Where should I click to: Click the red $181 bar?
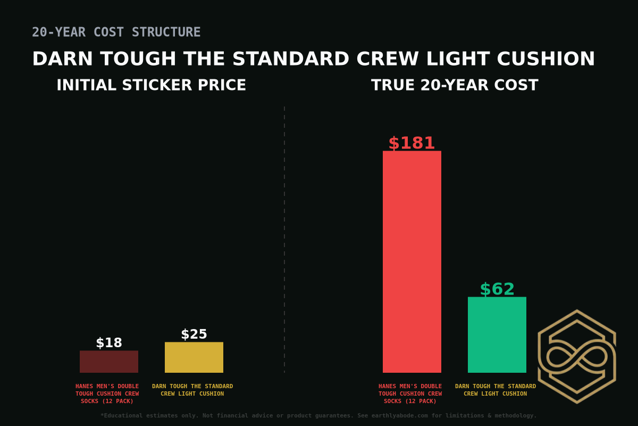pyautogui.click(x=412, y=261)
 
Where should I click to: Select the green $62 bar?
pyautogui.click(x=497, y=334)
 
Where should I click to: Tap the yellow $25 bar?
pyautogui.click(x=194, y=357)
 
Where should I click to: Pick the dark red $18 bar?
pyautogui.click(x=109, y=362)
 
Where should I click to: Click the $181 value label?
pyautogui.click(x=412, y=143)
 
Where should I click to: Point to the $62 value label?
pyautogui.click(x=497, y=289)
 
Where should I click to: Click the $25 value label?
pyautogui.click(x=194, y=334)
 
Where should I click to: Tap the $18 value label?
pyautogui.click(x=109, y=343)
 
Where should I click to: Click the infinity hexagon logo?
pyautogui.click(x=577, y=356)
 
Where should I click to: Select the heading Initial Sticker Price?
pyautogui.click(x=152, y=85)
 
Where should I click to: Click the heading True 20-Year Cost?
pyautogui.click(x=455, y=85)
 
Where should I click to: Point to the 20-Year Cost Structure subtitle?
pyautogui.click(x=116, y=32)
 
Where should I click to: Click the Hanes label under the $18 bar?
pyautogui.click(x=107, y=394)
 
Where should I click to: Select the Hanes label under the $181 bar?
pyautogui.click(x=410, y=394)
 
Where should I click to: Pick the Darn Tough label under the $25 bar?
pyautogui.click(x=192, y=390)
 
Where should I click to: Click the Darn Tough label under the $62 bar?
pyautogui.click(x=496, y=390)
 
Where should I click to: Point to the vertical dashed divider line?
pyautogui.click(x=284, y=240)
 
